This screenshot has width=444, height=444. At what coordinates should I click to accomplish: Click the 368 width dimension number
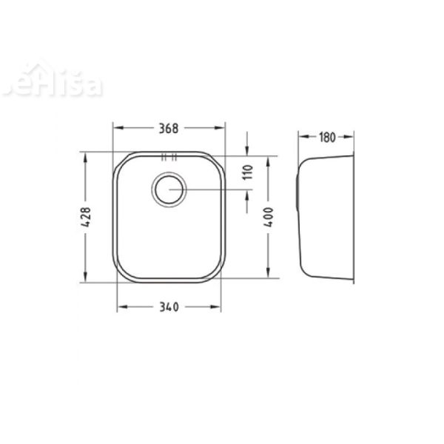169,128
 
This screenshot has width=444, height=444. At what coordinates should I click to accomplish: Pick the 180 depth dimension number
327,137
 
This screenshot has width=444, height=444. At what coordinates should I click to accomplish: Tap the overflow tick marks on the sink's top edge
169,156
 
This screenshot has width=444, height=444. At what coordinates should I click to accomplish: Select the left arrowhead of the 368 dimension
115,128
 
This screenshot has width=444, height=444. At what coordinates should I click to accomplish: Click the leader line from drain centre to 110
215,190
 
